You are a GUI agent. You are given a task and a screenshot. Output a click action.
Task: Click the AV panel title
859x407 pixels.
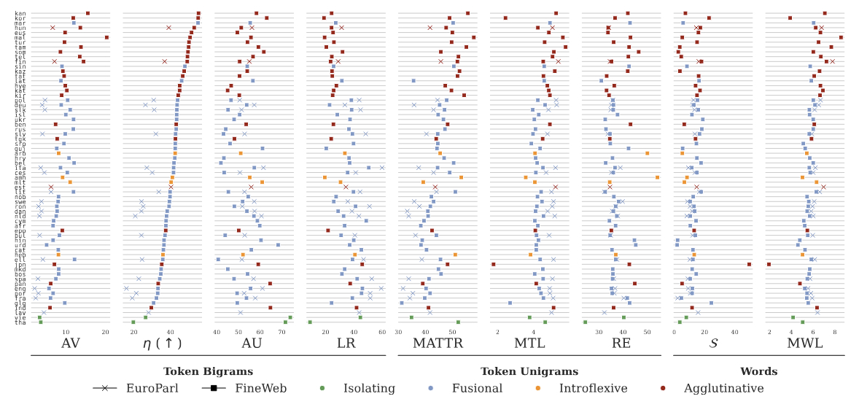coord(71,344)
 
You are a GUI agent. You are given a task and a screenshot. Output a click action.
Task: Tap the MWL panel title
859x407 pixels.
coord(804,344)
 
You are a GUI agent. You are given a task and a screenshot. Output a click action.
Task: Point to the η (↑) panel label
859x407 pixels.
coord(162,344)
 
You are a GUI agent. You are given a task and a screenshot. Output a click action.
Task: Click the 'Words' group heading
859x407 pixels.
coord(758,371)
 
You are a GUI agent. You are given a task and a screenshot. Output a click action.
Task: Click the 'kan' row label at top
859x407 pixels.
coord(20,13)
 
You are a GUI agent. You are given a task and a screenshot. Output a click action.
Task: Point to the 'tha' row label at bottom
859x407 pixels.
coord(20,322)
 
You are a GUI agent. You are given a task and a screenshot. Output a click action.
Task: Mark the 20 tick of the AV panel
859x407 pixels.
coord(105,332)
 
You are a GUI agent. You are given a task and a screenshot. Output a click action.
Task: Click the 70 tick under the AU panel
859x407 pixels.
coord(282,332)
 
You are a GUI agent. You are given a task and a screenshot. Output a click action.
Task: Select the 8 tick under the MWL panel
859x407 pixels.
coord(834,332)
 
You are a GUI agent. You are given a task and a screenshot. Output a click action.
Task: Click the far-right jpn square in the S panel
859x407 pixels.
coord(749,264)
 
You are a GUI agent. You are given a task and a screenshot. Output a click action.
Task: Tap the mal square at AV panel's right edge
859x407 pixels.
coord(106,37)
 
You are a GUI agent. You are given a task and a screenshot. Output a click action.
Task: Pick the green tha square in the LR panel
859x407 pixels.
coord(310,322)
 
